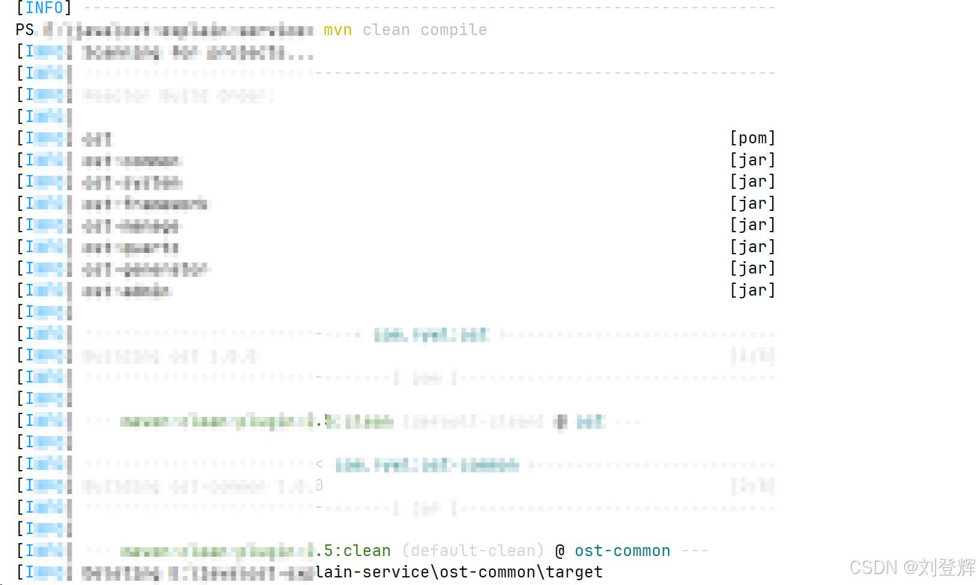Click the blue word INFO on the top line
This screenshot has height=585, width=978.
coord(44,8)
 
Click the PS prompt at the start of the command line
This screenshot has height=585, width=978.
coord(25,30)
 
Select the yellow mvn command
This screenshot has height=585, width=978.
coord(337,30)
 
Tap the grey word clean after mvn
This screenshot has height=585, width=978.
coord(386,30)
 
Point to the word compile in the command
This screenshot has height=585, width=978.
coord(453,30)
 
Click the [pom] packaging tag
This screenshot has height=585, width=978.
coord(752,138)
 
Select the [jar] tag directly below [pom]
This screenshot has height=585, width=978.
coord(752,160)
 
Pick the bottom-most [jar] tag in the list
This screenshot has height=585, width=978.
coord(752,290)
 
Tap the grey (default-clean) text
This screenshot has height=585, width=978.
coord(473,551)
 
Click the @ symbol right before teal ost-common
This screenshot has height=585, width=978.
coord(560,551)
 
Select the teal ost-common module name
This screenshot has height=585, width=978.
coord(622,551)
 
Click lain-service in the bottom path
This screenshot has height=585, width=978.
coord(372,572)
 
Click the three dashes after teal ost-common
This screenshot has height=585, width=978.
coord(694,551)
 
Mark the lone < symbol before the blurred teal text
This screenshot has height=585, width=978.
coord(320,464)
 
